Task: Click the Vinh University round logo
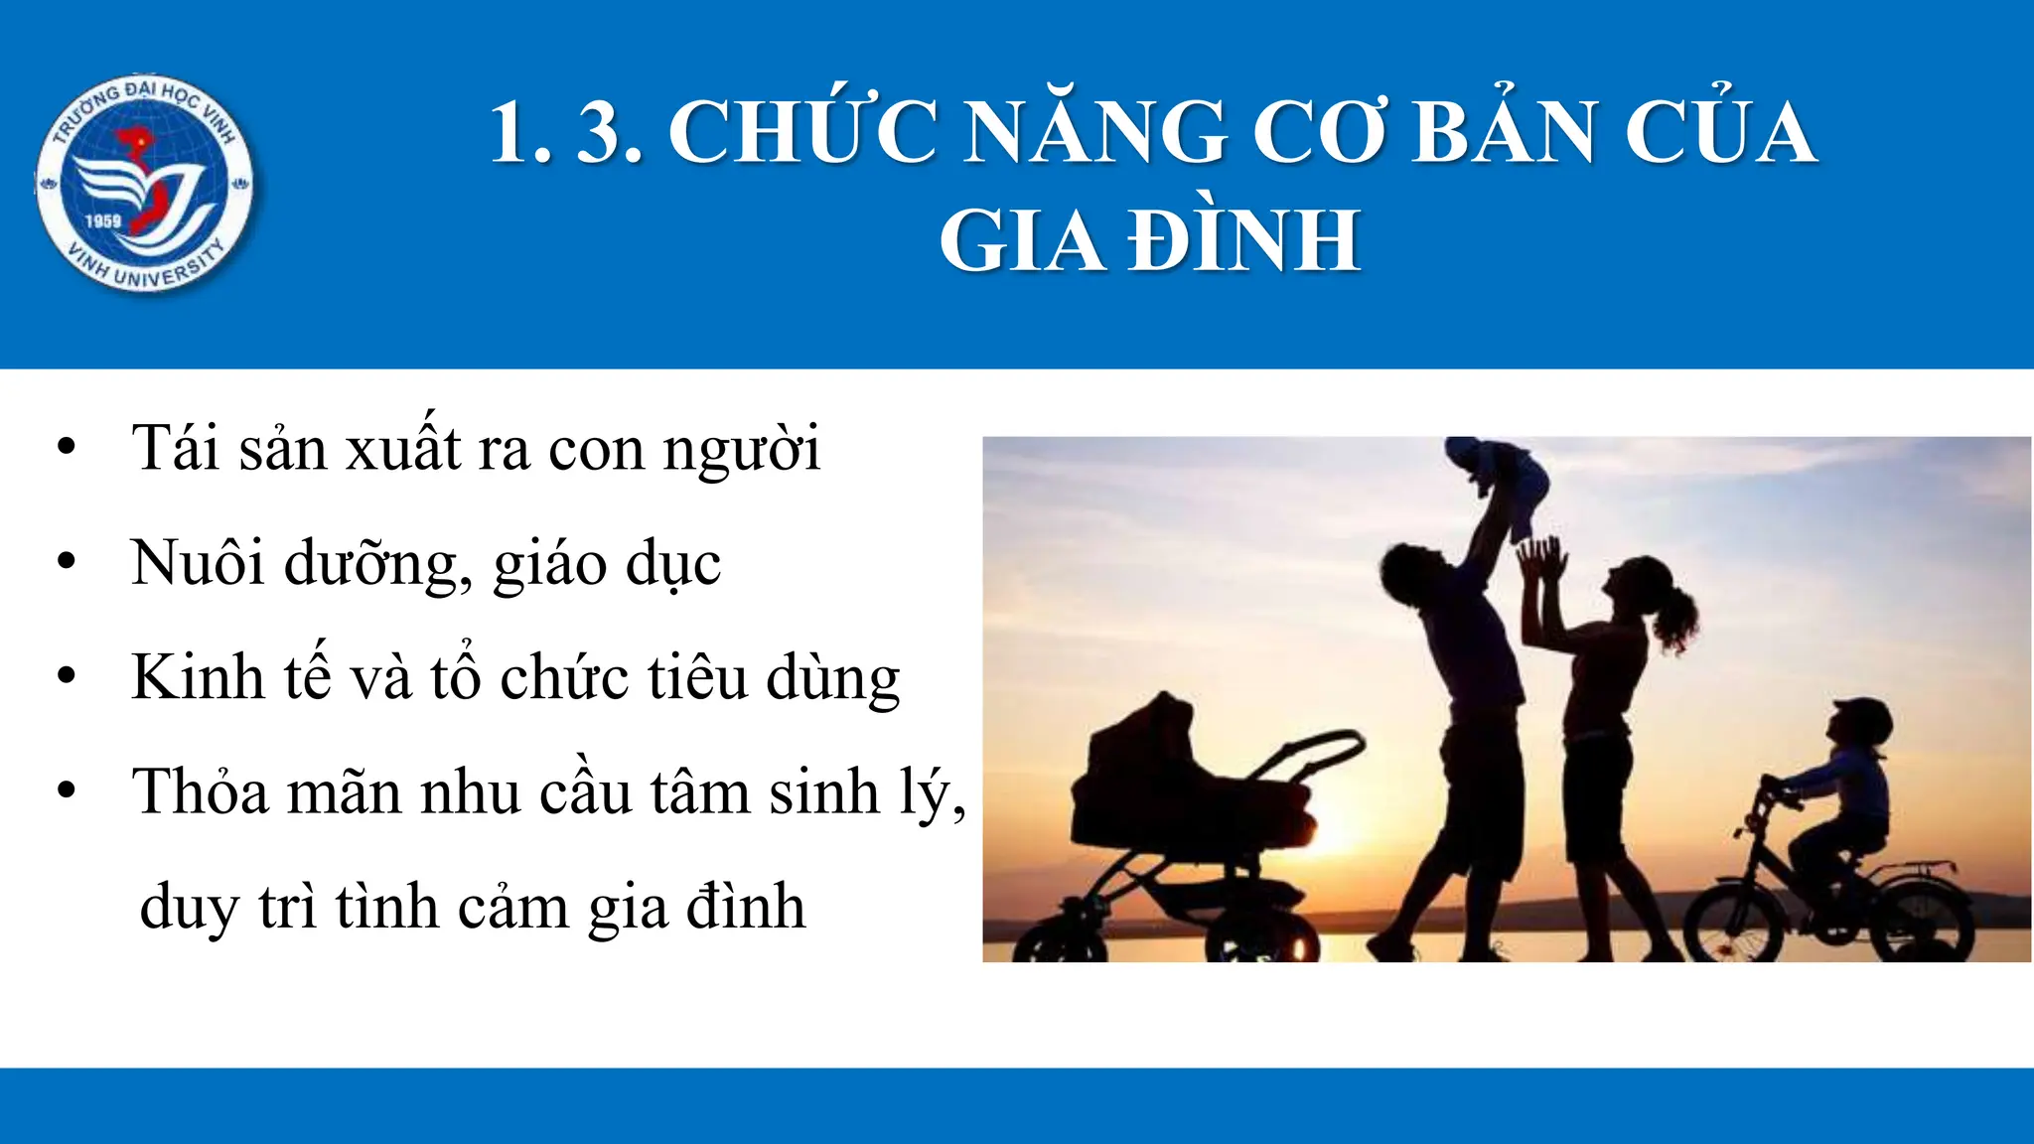coord(145,185)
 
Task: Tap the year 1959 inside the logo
coord(103,220)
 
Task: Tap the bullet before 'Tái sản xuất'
coord(67,448)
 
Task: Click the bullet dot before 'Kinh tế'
coord(67,677)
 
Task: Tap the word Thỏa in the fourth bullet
coord(201,791)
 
